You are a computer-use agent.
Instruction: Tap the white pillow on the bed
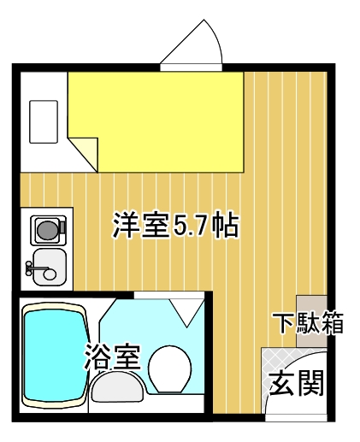point(44,121)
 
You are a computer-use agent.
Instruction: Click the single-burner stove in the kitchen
point(47,229)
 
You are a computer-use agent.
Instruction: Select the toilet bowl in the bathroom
point(171,368)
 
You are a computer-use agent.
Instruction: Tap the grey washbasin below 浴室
point(118,390)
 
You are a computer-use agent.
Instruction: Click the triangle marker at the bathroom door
point(183,310)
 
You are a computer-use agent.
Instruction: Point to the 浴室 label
point(112,356)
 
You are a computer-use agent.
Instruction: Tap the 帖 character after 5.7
point(225,226)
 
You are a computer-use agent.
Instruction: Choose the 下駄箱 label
point(309,324)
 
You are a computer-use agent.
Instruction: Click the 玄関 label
point(297,384)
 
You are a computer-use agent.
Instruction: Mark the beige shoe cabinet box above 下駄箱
point(311,306)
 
